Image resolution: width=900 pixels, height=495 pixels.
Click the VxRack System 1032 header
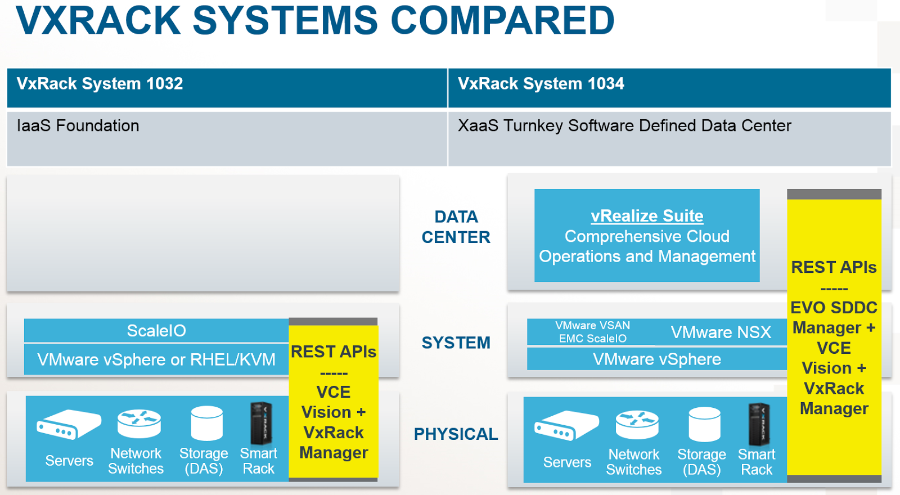pyautogui.click(x=100, y=84)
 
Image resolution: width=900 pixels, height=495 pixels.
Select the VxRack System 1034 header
pyautogui.click(x=541, y=84)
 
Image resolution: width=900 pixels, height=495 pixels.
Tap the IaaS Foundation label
pyautogui.click(x=78, y=125)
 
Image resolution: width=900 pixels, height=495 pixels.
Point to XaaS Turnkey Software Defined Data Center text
pyautogui.click(x=624, y=125)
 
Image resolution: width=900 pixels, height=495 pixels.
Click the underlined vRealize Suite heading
pyautogui.click(x=647, y=216)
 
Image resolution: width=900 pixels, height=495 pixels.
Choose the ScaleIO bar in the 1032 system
pyautogui.click(x=156, y=331)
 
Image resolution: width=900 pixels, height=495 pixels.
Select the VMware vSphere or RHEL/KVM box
pyautogui.click(x=156, y=359)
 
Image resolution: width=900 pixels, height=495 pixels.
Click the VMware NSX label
pyautogui.click(x=721, y=332)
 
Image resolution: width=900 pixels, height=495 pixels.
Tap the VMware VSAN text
pyautogui.click(x=592, y=326)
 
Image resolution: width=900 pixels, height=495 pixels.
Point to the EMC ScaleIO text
pyautogui.click(x=592, y=339)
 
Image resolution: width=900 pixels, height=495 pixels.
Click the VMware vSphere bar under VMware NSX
pyautogui.click(x=656, y=359)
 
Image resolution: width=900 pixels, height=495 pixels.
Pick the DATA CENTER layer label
pyautogui.click(x=456, y=227)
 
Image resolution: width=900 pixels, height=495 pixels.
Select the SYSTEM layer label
pyautogui.click(x=456, y=343)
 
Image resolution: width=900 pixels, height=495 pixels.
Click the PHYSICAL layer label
pyautogui.click(x=456, y=434)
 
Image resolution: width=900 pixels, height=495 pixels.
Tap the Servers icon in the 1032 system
pyautogui.click(x=69, y=425)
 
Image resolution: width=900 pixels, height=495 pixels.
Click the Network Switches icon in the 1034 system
pyautogui.click(x=637, y=425)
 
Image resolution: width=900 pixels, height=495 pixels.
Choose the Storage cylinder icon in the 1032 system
pyautogui.click(x=206, y=423)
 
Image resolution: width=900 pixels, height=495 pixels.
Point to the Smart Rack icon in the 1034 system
pyautogui.click(x=758, y=424)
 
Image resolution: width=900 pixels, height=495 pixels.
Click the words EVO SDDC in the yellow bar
pyautogui.click(x=834, y=308)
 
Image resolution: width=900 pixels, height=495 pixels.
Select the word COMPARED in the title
pyautogui.click(x=502, y=20)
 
